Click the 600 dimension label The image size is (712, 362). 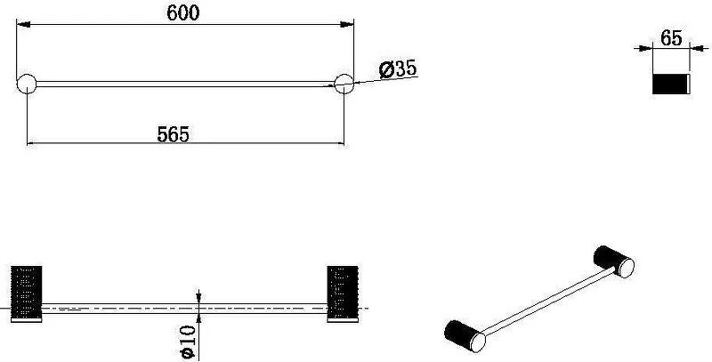coord(183,12)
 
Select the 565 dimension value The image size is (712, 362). coord(173,134)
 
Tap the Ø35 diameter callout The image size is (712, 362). coord(398,69)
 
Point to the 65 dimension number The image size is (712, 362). coord(671,38)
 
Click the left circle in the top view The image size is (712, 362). coord(27,84)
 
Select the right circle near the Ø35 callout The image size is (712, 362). coord(344,84)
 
